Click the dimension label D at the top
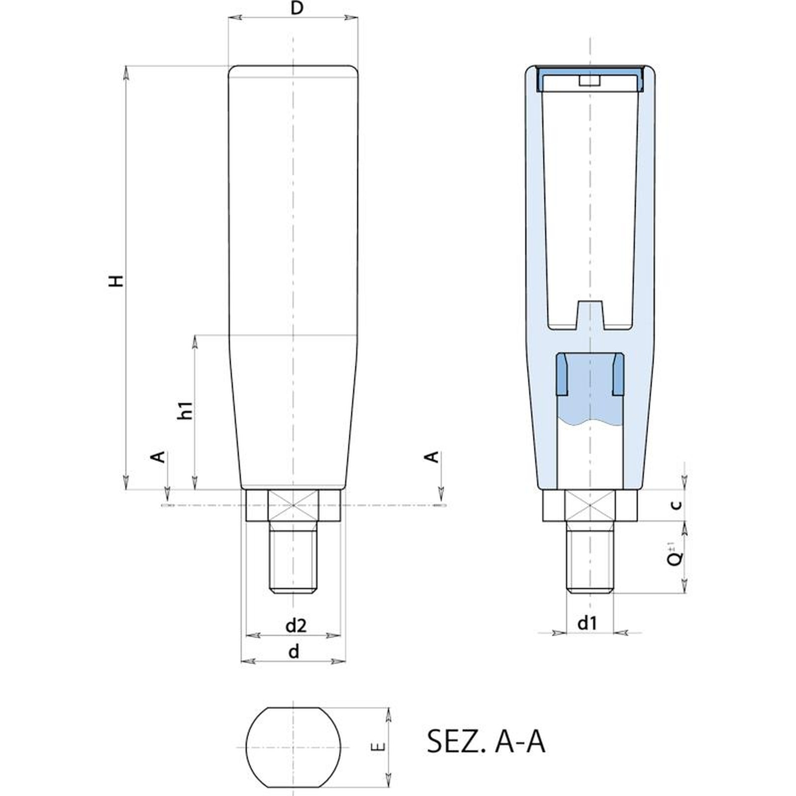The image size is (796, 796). click(x=297, y=8)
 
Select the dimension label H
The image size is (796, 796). click(x=116, y=281)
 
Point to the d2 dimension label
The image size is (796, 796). click(x=296, y=626)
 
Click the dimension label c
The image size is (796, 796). click(x=676, y=505)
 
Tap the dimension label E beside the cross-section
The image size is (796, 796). click(x=379, y=747)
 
